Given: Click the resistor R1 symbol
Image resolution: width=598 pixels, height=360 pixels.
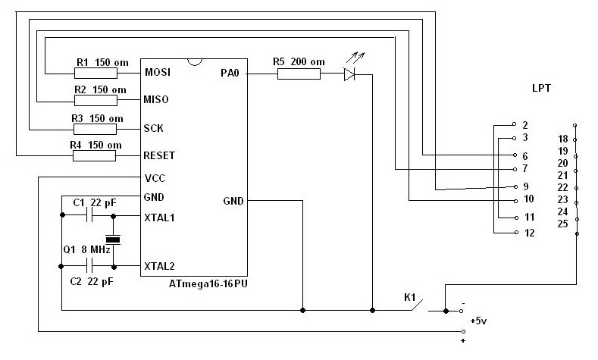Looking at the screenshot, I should [x=96, y=74].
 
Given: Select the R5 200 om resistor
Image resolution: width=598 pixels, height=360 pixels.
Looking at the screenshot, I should [x=299, y=74].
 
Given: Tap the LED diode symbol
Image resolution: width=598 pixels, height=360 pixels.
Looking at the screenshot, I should [x=349, y=74].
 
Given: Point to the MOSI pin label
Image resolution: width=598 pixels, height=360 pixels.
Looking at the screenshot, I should [x=156, y=74].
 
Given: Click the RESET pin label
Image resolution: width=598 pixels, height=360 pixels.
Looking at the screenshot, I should [x=158, y=155].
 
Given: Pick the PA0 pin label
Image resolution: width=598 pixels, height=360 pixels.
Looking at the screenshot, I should [x=230, y=74].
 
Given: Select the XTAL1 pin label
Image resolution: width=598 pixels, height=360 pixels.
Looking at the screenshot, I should [x=159, y=217].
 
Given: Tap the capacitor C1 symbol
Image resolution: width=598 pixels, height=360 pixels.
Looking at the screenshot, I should [x=89, y=217].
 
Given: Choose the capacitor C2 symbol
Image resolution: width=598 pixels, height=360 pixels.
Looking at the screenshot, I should [x=89, y=267].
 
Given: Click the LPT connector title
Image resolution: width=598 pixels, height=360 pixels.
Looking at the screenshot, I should [x=541, y=89].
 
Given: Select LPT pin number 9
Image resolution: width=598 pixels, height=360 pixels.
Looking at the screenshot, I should [x=525, y=186].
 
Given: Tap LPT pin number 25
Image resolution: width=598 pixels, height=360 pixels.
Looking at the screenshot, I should [x=562, y=224].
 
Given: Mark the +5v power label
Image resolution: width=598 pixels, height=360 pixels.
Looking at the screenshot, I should [x=478, y=321].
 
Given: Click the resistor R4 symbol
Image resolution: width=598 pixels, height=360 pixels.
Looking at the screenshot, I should [x=94, y=155].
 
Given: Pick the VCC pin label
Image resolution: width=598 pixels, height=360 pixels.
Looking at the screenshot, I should [x=155, y=178].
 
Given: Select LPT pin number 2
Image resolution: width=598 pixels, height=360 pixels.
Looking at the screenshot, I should [x=525, y=124].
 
